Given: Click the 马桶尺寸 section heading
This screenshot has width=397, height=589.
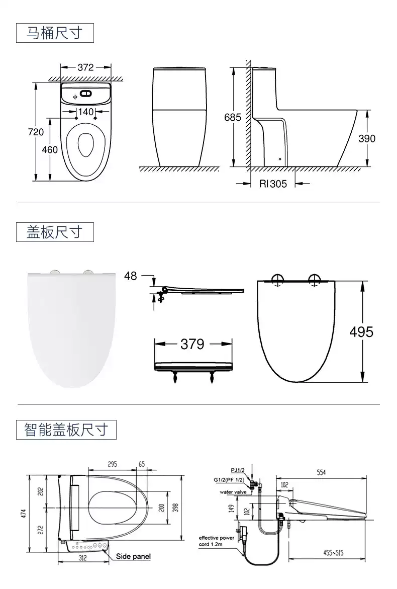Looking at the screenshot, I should coord(54,34).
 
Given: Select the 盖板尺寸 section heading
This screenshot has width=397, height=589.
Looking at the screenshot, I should coord(54,232).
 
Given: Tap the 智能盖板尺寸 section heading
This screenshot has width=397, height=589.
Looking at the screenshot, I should coord(66,430).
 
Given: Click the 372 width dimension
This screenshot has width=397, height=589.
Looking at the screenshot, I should coord(85,67).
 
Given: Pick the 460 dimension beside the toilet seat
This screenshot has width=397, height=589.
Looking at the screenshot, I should coord(49,149).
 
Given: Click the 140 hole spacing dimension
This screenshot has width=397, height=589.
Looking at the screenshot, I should coord(86,112).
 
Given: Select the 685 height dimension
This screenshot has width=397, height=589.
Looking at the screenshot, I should coord(233,117).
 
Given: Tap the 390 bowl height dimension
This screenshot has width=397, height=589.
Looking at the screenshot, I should coord(367,138).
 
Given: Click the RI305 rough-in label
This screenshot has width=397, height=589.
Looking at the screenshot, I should coord(273,184).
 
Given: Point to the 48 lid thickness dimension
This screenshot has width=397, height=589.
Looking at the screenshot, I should coord(130,276).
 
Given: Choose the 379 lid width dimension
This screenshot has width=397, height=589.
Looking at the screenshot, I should coord(192,344).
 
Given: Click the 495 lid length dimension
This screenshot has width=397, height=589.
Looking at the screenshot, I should coord(362,332).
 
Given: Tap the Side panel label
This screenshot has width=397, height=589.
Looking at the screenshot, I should coord(133,556).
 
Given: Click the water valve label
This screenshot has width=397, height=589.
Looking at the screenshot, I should coord(233,492).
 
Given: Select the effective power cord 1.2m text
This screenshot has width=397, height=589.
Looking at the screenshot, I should coord(217,541).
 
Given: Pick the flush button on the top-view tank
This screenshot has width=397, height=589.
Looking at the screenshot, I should coord(86,94).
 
